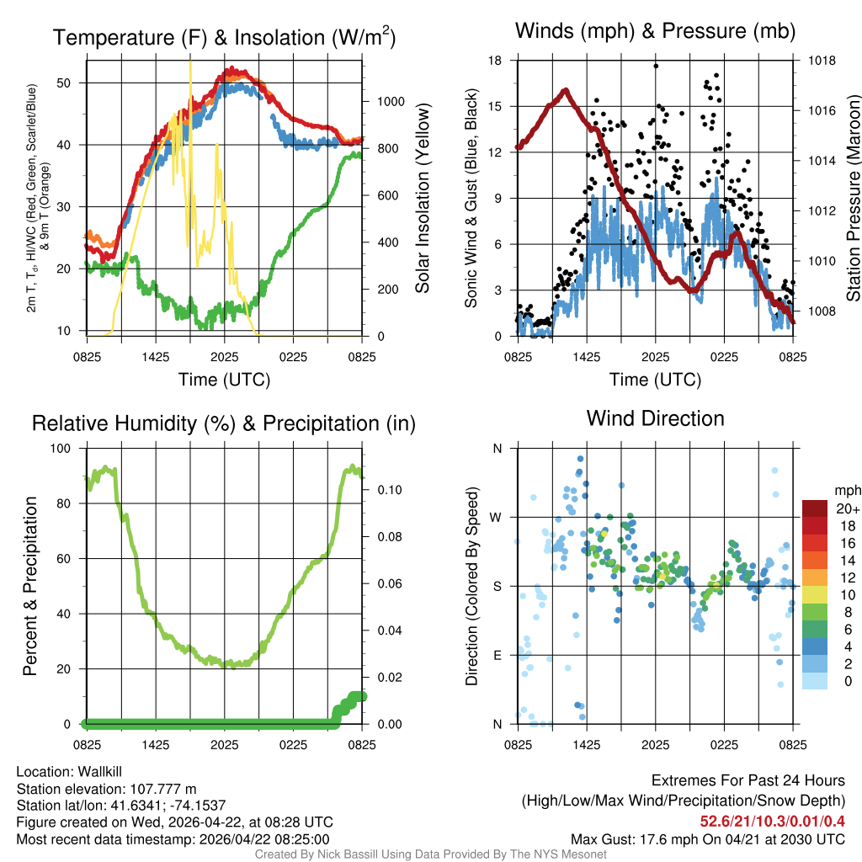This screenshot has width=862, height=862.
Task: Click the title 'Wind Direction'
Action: tap(655, 418)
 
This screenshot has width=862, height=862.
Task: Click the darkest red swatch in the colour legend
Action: tap(816, 509)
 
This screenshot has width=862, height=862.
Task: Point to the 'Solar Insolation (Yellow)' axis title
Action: tap(423, 199)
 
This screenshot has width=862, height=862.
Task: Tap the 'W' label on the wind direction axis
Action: tap(497, 517)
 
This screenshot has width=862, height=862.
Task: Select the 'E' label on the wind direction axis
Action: tap(497, 655)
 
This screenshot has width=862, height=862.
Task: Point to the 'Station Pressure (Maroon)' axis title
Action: tap(853, 199)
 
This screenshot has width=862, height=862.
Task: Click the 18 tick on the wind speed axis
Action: tap(496, 61)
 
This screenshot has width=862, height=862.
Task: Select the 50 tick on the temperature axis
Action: tap(72, 82)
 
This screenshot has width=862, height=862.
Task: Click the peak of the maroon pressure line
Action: tap(565, 90)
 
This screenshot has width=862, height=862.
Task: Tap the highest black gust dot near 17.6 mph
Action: tap(656, 66)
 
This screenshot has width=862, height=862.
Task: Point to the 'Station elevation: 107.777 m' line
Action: tap(106, 789)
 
